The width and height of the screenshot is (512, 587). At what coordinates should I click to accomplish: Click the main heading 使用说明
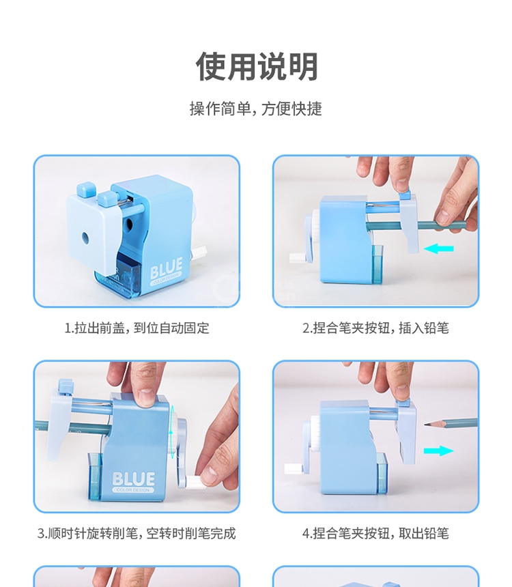click(257, 67)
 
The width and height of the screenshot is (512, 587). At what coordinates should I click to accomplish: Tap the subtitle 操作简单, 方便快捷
click(256, 109)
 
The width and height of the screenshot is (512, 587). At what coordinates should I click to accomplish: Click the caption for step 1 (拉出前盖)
click(137, 328)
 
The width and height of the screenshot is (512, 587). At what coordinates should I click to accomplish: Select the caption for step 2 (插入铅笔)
click(375, 328)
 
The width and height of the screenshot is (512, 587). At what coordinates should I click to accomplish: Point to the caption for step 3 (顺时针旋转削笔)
click(137, 533)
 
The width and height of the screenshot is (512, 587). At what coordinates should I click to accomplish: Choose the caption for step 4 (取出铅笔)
click(375, 533)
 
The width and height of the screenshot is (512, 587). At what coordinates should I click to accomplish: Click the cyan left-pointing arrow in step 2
click(438, 248)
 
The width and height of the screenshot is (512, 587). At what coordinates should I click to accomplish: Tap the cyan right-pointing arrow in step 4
click(438, 450)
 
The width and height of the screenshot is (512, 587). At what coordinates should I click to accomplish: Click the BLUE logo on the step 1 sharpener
click(167, 269)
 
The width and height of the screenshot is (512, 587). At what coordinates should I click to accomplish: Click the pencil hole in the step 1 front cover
click(85, 237)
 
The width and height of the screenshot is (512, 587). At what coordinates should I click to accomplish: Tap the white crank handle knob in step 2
click(297, 257)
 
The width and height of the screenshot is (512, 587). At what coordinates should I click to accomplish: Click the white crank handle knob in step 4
click(292, 468)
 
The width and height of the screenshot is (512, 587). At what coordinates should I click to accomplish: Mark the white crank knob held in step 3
click(195, 481)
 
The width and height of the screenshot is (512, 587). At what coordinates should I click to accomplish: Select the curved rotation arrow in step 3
click(171, 432)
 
